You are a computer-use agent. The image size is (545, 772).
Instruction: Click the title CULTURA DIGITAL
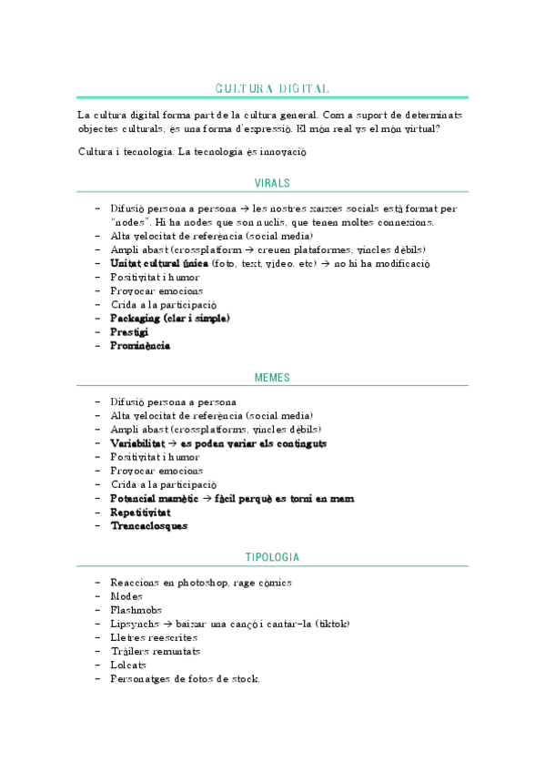pyautogui.click(x=272, y=88)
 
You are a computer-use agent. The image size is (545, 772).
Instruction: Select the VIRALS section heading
pyautogui.click(x=272, y=183)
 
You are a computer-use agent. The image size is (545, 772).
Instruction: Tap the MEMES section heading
pyautogui.click(x=272, y=376)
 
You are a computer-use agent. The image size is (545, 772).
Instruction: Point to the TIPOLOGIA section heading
pyautogui.click(x=272, y=556)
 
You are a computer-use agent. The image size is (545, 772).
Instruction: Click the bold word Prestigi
pyautogui.click(x=129, y=332)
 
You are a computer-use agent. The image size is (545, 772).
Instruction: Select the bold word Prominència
pyautogui.click(x=140, y=346)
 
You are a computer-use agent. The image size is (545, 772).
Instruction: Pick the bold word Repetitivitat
pyautogui.click(x=140, y=513)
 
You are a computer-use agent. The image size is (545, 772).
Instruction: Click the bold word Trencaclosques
pyautogui.click(x=148, y=526)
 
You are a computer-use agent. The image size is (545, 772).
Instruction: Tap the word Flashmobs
pyautogui.click(x=135, y=611)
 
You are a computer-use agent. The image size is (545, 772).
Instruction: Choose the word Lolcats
pyautogui.click(x=127, y=665)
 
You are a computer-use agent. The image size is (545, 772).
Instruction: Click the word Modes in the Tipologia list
pyautogui.click(x=126, y=597)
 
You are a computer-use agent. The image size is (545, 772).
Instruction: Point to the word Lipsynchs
pyautogui.click(x=134, y=625)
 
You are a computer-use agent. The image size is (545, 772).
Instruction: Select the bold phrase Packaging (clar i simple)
pyautogui.click(x=170, y=319)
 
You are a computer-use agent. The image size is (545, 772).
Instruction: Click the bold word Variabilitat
pyautogui.click(x=137, y=443)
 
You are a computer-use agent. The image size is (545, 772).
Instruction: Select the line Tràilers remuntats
pyautogui.click(x=156, y=652)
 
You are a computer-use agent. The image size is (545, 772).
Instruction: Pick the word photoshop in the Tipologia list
pyautogui.click(x=205, y=583)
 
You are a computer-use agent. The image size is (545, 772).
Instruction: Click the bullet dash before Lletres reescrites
pyautogui.click(x=97, y=638)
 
